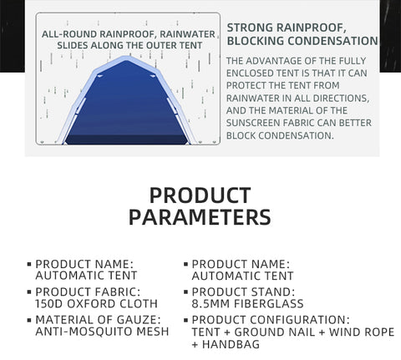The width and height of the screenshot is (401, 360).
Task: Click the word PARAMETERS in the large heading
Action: click(x=200, y=217)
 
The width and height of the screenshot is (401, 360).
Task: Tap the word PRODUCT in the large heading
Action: click(x=200, y=195)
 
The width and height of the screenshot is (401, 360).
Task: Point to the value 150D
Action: click(x=49, y=303)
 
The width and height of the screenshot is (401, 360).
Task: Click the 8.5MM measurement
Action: click(x=211, y=303)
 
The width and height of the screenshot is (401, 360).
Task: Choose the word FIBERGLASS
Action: click(x=269, y=303)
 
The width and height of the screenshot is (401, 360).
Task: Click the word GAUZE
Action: click(x=139, y=320)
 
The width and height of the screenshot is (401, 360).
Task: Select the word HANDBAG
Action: click(x=231, y=344)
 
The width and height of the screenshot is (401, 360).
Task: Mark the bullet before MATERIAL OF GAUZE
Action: click(x=29, y=320)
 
